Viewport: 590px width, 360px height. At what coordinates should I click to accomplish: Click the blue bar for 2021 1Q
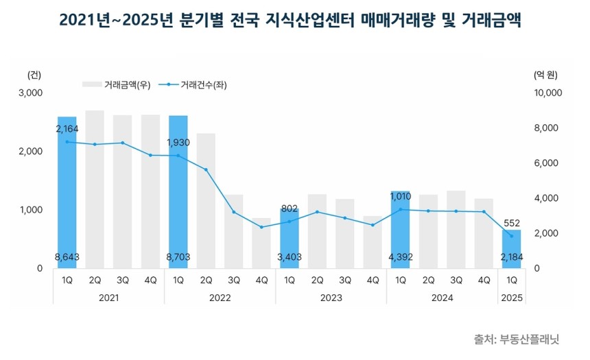click(67, 192)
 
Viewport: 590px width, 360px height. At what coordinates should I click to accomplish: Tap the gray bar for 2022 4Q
click(261, 243)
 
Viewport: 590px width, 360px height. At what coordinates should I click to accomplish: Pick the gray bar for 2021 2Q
click(95, 189)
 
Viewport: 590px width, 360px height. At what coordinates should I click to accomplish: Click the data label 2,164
click(67, 128)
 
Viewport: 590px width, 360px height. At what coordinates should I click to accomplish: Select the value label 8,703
click(178, 257)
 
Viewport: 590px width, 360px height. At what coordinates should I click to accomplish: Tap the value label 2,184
click(511, 257)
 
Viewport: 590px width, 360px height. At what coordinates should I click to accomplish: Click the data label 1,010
click(401, 197)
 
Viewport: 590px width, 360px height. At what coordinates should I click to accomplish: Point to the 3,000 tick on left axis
click(32, 93)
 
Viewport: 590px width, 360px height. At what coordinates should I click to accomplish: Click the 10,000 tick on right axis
click(547, 93)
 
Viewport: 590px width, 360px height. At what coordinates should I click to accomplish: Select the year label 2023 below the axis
click(331, 298)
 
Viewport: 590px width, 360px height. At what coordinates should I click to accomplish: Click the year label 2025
click(511, 298)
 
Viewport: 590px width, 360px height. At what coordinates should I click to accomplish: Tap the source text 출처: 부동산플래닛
click(517, 339)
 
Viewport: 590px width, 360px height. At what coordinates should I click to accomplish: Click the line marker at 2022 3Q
click(234, 212)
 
